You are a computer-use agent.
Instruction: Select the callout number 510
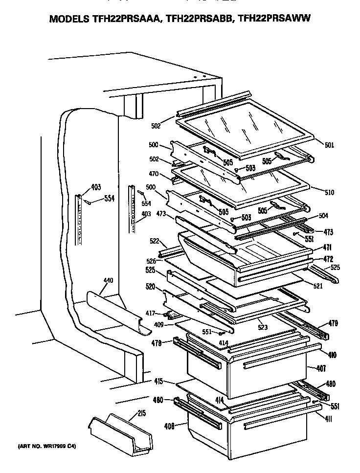(x=329, y=193)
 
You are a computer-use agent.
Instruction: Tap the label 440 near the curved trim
(x=108, y=281)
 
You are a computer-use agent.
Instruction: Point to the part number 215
(x=142, y=414)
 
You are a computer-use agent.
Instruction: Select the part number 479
(x=333, y=323)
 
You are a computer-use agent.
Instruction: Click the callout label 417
(x=150, y=314)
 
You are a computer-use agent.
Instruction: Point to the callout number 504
(x=323, y=216)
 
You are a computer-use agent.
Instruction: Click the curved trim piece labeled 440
(x=115, y=313)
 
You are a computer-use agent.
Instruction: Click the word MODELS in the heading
(x=66, y=20)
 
